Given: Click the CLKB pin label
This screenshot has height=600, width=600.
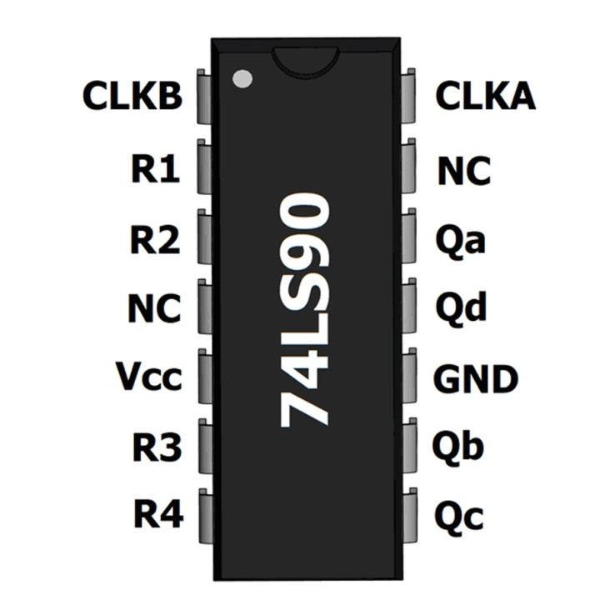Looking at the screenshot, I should pos(132,97).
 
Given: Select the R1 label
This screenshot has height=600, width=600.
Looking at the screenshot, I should pos(155,170).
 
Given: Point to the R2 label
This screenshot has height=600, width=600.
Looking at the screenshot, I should pos(155,240).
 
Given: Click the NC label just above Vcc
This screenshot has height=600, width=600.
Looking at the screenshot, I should pos(154,309).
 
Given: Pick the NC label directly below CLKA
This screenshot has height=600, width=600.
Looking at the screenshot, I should pos(464,172).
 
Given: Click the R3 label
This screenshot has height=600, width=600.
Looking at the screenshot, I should pos(156,448).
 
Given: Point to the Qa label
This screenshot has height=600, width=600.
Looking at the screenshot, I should pos(461,241).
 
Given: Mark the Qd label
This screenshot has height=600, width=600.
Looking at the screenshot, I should pos(461,309).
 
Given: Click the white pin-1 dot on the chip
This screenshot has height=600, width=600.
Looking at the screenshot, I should pos(242,79).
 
